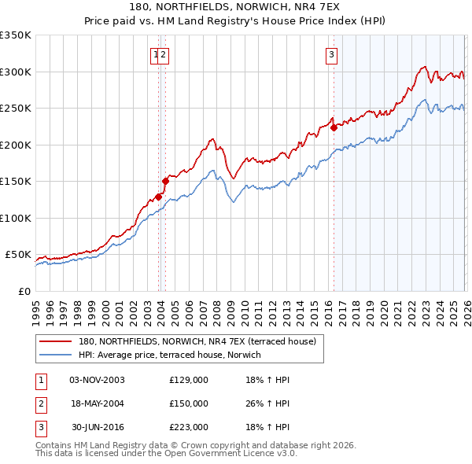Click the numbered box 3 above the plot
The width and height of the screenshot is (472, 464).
332,54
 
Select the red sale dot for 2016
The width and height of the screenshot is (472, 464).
334,127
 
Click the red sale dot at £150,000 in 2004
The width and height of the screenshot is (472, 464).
165,181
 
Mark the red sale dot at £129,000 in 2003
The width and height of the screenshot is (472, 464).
158,197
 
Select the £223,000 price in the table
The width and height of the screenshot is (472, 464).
189,427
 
